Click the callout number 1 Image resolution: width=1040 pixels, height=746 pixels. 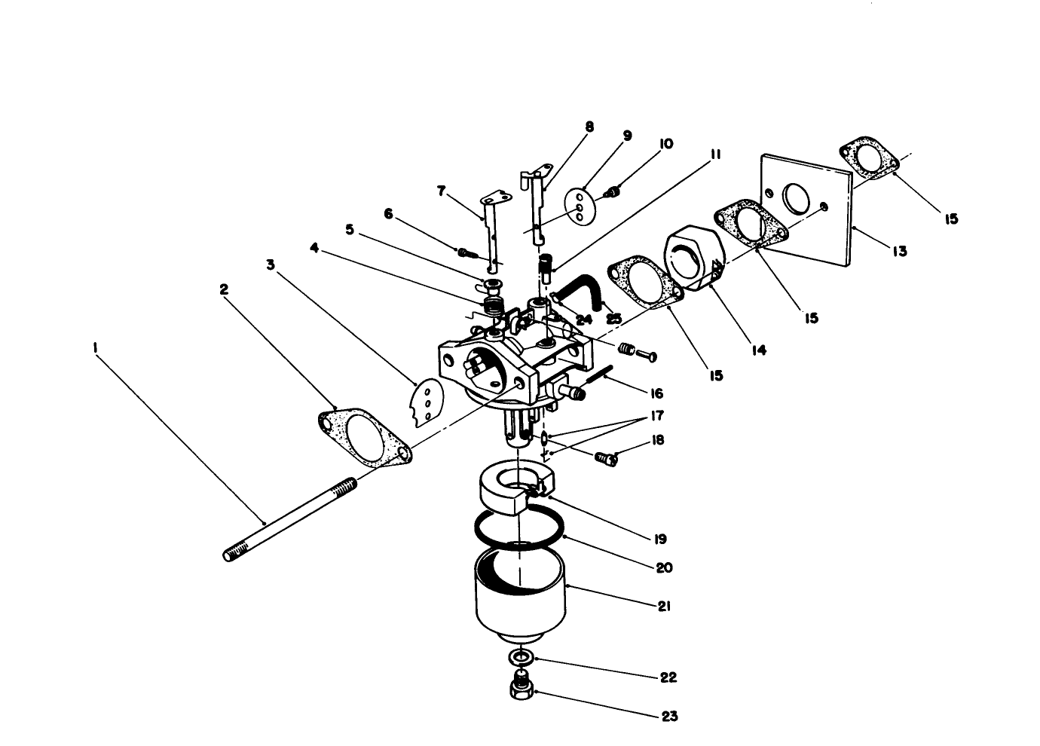pyautogui.click(x=95, y=348)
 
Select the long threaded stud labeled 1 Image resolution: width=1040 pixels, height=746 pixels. pyautogui.click(x=290, y=519)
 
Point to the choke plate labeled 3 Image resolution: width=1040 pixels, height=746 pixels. pyautogui.click(x=427, y=402)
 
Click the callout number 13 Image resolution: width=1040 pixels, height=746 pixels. pyautogui.click(x=899, y=251)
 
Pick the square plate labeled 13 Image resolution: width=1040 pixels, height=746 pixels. pyautogui.click(x=806, y=209)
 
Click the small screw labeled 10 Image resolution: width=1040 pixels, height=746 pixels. pyautogui.click(x=613, y=191)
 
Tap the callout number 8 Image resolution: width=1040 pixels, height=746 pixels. pyautogui.click(x=589, y=127)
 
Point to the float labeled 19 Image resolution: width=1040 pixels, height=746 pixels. pyautogui.click(x=516, y=492)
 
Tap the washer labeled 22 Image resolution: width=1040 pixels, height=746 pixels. pyautogui.click(x=521, y=659)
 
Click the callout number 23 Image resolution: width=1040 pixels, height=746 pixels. pyautogui.click(x=669, y=717)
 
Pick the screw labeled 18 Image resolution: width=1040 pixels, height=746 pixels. pyautogui.click(x=607, y=458)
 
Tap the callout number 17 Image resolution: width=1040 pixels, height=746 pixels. pyautogui.click(x=657, y=415)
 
